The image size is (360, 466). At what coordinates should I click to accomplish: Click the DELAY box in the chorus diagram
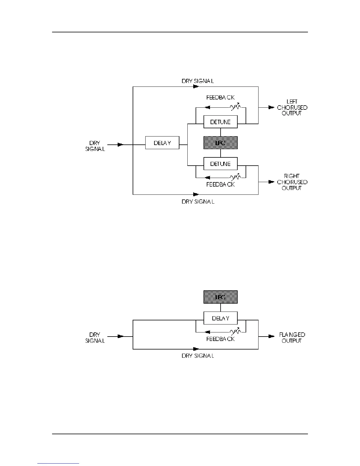point(162,143)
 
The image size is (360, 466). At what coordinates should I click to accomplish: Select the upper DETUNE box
point(220,122)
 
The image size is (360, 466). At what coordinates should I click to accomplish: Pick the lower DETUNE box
point(220,164)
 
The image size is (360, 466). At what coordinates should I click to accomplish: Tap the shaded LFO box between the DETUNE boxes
point(220,143)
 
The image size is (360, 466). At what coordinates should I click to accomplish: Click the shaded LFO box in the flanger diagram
point(220,297)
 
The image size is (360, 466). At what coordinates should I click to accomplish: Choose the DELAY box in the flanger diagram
point(220,318)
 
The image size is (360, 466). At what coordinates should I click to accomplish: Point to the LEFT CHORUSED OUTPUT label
point(292,107)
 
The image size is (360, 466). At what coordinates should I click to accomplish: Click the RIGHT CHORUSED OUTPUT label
point(292,182)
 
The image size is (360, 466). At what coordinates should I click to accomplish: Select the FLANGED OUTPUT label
point(292,338)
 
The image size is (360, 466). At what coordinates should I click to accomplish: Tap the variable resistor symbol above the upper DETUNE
point(236,107)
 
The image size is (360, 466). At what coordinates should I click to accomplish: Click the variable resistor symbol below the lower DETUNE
point(236,177)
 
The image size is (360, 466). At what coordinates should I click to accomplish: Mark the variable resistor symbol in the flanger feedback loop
point(236,332)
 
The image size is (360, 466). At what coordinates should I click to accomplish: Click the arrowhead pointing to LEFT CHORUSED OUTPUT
point(271,107)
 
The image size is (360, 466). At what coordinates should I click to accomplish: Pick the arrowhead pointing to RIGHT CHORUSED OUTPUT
point(271,182)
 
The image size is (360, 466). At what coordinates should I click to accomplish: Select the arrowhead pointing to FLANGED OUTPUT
point(271,336)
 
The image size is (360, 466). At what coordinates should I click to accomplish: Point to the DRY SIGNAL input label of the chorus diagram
point(95,146)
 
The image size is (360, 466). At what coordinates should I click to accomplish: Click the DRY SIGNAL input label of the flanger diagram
point(95,338)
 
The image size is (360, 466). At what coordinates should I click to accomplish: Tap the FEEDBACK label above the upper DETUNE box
point(220,97)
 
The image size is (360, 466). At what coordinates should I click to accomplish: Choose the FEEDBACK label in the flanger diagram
point(220,339)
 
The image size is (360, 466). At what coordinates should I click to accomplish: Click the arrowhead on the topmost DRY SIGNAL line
point(196,87)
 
